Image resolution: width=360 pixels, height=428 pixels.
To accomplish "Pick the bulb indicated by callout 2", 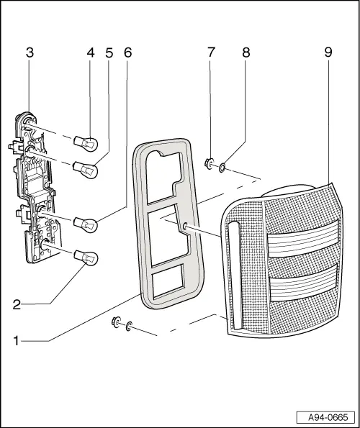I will click(89, 258).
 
